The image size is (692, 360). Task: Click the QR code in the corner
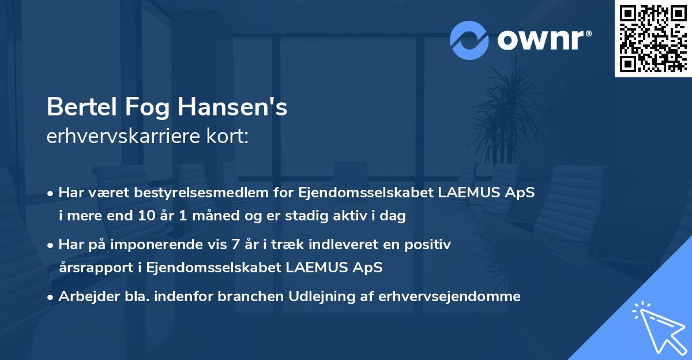coord(653,38)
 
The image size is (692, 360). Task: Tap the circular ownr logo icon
coord(469,40)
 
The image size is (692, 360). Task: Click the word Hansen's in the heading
coord(233,107)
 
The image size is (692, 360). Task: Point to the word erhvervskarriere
coord(125,137)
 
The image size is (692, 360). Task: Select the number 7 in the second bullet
coord(235,245)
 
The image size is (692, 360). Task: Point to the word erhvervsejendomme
coord(450,297)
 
